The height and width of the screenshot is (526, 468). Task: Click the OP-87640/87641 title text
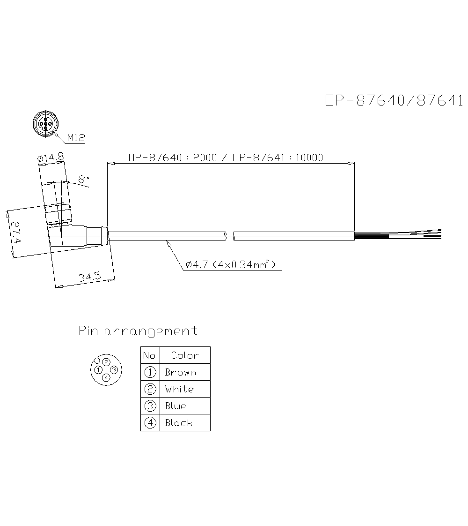pos(394,100)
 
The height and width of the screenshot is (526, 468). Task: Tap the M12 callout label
pos(76,138)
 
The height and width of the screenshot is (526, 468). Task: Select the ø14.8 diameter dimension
pos(50,158)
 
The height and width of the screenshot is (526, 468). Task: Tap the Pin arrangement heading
pos(138,331)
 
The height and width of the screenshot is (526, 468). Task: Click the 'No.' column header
pos(150,355)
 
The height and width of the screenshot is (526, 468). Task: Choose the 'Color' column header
pos(184,355)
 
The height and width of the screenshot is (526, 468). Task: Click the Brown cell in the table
pos(180,373)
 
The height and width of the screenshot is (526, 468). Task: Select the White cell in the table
pos(179,389)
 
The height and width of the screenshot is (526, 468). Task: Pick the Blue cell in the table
pos(175,406)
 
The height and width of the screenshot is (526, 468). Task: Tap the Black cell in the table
pos(178,423)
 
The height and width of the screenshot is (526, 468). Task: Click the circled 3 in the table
pos(150,406)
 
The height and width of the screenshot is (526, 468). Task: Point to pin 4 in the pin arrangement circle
pos(106,377)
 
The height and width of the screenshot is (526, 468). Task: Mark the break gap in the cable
pos(230,236)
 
